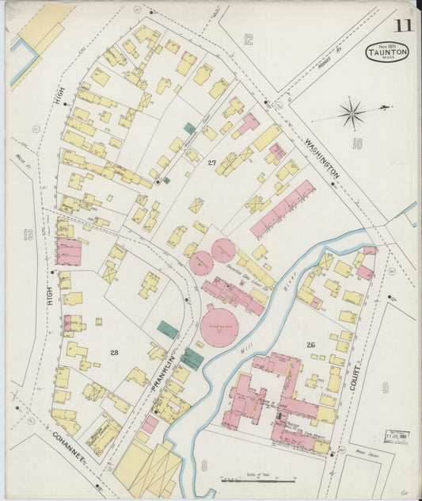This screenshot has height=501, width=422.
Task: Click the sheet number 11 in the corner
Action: click(403, 25)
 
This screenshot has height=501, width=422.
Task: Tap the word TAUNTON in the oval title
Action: click(387, 52)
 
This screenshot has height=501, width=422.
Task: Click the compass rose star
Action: click(352, 113)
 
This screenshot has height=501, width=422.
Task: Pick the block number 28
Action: click(114, 351)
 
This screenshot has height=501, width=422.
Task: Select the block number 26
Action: click(310, 344)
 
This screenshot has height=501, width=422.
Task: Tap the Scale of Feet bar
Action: click(257, 478)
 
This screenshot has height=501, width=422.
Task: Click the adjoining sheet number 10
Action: click(357, 143)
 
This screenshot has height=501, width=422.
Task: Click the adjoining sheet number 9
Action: click(386, 388)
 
